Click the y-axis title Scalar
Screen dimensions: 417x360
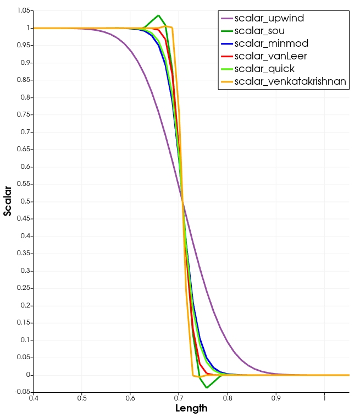click(8, 201)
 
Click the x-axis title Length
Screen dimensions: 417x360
click(191, 408)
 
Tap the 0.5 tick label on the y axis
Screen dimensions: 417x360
click(25, 201)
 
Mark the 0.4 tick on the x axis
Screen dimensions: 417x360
click(34, 398)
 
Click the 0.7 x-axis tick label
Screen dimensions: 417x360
click(179, 398)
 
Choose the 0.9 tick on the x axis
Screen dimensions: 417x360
click(276, 398)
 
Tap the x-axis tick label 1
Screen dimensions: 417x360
click(324, 398)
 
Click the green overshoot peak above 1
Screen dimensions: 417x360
click(158, 15)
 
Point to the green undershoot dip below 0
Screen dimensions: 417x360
click(207, 387)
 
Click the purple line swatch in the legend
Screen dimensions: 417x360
click(226, 19)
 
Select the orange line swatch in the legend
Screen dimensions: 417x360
click(226, 82)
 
